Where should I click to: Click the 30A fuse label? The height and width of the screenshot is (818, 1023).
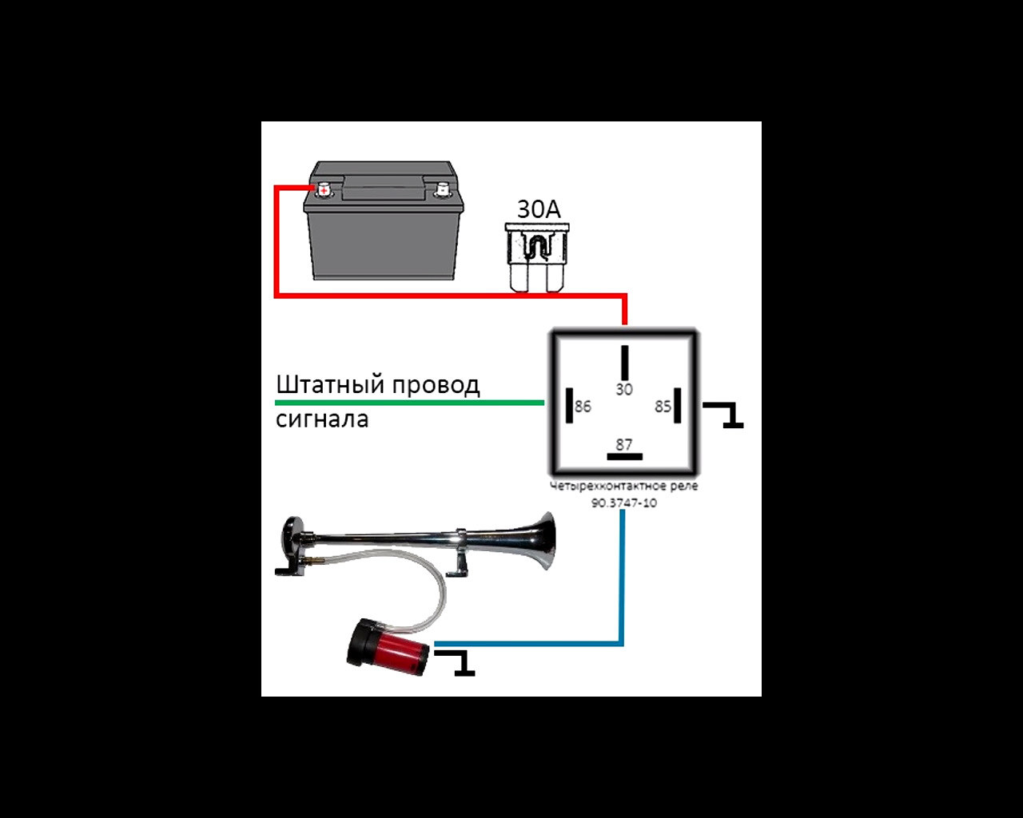click(539, 209)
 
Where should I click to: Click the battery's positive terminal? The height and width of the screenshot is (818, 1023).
click(324, 190)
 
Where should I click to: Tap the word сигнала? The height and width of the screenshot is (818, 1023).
click(322, 419)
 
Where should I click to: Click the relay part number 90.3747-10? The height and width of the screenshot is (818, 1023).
click(624, 503)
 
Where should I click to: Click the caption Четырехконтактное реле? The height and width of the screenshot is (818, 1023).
click(624, 486)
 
